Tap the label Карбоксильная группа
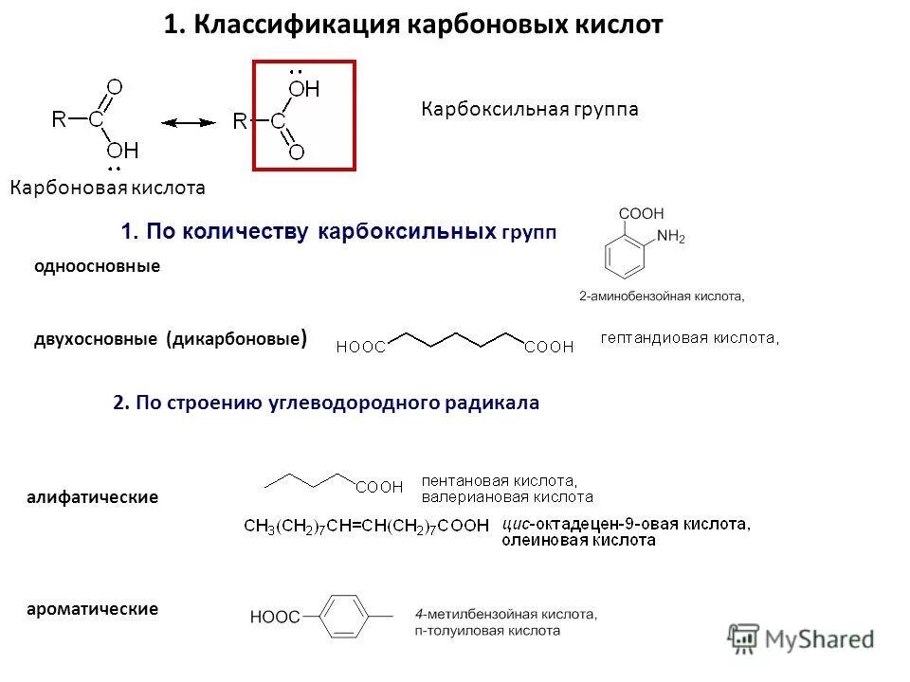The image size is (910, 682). click(529, 110)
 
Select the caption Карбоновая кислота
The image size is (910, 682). click(107, 188)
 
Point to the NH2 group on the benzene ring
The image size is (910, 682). click(670, 238)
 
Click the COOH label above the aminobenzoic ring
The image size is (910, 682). click(642, 214)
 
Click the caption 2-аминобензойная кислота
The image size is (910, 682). click(662, 296)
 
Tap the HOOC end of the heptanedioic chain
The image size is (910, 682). click(360, 348)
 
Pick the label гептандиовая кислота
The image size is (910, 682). click(690, 337)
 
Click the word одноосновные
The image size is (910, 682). click(97, 266)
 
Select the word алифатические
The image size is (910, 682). click(92, 496)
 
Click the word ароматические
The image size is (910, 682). click(92, 608)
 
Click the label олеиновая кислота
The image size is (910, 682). click(578, 540)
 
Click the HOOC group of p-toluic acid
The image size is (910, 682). click(274, 618)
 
